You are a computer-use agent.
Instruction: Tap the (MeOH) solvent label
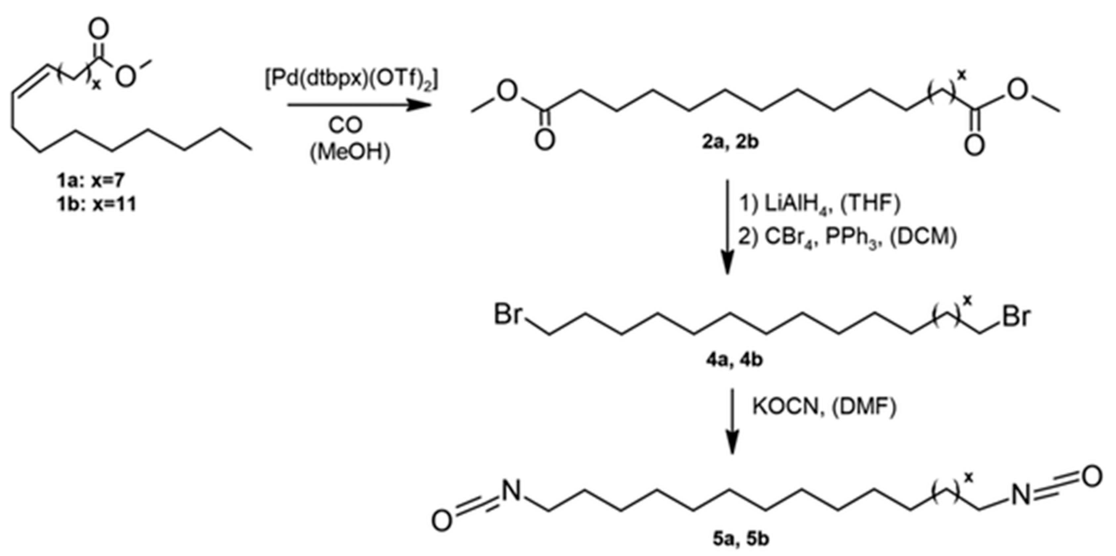(350, 152)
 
